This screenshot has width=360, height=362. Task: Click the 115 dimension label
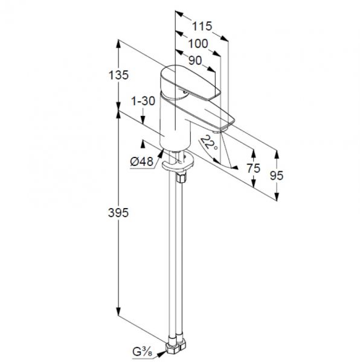tap(202, 26)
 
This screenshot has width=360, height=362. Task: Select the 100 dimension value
tap(198, 43)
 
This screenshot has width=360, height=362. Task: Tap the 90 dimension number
tap(195, 60)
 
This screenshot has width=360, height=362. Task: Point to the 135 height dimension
tap(118, 75)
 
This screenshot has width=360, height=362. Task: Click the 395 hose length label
tap(118, 212)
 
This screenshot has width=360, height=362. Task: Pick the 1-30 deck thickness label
tap(143, 101)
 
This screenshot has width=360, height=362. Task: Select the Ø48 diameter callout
tap(141, 161)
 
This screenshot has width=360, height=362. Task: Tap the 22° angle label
tap(208, 143)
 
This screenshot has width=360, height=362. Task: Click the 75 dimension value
tap(254, 168)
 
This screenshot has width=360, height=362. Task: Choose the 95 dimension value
tap(277, 176)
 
